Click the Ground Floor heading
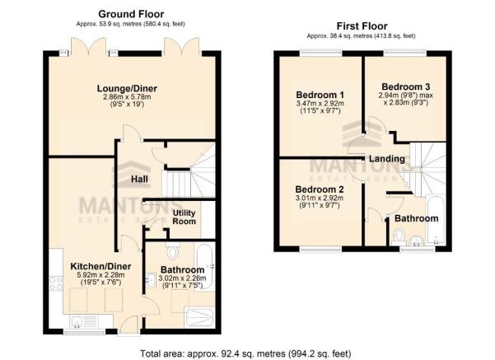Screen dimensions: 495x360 pyautogui.click(x=131, y=14)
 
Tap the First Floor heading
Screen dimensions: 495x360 pyautogui.click(x=362, y=26)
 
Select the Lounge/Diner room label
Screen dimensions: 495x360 pyautogui.click(x=127, y=88)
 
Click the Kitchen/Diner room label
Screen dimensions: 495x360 pyautogui.click(x=100, y=266)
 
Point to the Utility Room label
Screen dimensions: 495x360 pyautogui.click(x=184, y=217)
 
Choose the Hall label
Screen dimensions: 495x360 pyautogui.click(x=139, y=180)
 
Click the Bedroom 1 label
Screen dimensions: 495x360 pyautogui.click(x=320, y=95)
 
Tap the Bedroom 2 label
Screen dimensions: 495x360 pyautogui.click(x=320, y=189)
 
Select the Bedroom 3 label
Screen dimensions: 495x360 pyautogui.click(x=406, y=86)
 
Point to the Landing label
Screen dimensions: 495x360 pyautogui.click(x=387, y=158)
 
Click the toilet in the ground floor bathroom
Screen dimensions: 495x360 pyautogui.click(x=172, y=251)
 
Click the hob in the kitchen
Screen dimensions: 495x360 pyautogui.click(x=56, y=283)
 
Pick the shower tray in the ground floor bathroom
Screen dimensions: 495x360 pyautogui.click(x=199, y=317)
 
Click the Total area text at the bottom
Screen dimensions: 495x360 pyautogui.click(x=245, y=353)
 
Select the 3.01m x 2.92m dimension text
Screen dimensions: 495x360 pyautogui.click(x=320, y=199)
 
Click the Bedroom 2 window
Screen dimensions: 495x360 pyautogui.click(x=320, y=250)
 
